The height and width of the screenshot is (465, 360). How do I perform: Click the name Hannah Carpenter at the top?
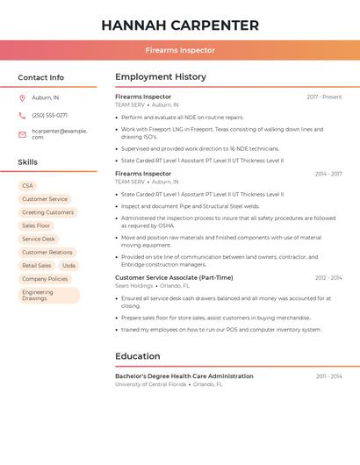[x=180, y=25]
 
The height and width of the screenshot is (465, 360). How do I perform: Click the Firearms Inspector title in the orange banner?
[x=180, y=51]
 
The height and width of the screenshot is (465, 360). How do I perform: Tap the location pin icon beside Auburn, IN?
[x=22, y=98]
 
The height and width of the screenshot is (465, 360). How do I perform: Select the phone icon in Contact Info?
[x=22, y=115]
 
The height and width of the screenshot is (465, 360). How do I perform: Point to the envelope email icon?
[x=22, y=134]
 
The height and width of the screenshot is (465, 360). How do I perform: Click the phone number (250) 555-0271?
[x=49, y=115]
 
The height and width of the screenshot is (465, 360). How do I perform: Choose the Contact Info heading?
[x=40, y=77]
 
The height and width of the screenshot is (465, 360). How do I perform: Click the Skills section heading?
[x=27, y=162]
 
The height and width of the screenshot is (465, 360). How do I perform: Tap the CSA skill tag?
[x=27, y=186]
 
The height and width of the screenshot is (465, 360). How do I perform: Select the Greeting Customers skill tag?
[x=47, y=212]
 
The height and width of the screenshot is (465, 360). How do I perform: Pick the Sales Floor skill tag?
[x=36, y=225]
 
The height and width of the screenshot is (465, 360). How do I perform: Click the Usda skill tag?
[x=68, y=266]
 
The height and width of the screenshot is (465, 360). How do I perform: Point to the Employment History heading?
[x=161, y=77]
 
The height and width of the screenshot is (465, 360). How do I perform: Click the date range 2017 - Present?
[x=324, y=97]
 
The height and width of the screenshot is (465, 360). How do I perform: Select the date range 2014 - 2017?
[x=328, y=174]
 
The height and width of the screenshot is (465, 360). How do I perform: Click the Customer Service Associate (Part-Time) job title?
[x=174, y=277]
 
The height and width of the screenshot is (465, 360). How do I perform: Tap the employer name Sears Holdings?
[x=134, y=285]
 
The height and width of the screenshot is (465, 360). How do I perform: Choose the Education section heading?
[x=138, y=356]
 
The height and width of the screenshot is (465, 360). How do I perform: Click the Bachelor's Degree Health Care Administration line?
[x=184, y=376]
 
